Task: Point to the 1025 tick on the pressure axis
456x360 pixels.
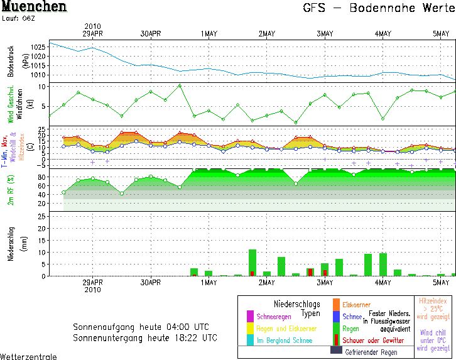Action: pyautogui.click(x=38, y=47)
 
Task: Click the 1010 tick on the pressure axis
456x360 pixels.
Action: pyautogui.click(x=38, y=75)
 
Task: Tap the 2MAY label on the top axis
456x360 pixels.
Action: pyautogui.click(x=266, y=34)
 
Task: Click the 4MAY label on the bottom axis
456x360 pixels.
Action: pyautogui.click(x=383, y=283)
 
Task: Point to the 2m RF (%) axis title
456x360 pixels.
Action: pyautogui.click(x=11, y=189)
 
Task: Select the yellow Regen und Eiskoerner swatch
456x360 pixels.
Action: pyautogui.click(x=250, y=329)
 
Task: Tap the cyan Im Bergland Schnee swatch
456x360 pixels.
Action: pyautogui.click(x=250, y=341)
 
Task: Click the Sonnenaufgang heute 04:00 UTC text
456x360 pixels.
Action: pyautogui.click(x=145, y=327)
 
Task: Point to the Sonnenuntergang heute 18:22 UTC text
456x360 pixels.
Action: pyautogui.click(x=145, y=337)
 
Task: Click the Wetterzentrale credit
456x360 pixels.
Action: pyautogui.click(x=28, y=356)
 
